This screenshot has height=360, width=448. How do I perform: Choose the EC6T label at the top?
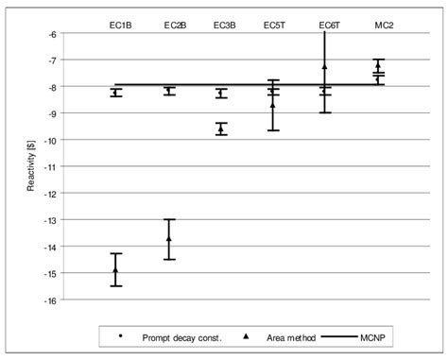point(325,24)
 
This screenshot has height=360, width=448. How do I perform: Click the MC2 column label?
point(377,24)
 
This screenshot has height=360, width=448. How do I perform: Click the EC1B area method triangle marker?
point(116,269)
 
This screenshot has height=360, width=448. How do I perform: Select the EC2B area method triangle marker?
point(169,238)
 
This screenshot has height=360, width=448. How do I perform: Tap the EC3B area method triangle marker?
point(221,129)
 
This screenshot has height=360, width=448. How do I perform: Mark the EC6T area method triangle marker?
point(325,66)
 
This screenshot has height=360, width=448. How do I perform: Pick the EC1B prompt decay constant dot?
point(116,93)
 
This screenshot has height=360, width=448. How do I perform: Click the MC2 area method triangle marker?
point(378,65)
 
